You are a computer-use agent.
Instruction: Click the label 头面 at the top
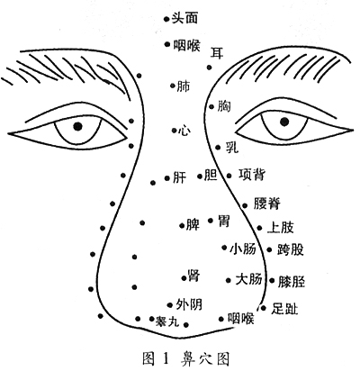point(184,18)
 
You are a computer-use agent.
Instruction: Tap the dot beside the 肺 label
point(173,86)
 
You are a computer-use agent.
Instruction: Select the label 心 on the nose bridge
point(184,131)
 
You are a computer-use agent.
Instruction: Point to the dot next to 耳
point(210,68)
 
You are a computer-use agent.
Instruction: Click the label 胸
point(224,106)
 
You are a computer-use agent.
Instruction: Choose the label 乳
point(232,147)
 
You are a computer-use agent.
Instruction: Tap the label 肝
point(180,177)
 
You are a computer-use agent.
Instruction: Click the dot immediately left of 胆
point(200,176)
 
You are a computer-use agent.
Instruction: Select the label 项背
point(252,175)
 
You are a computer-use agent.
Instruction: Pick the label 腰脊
point(267,204)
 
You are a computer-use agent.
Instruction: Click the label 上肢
point(281,227)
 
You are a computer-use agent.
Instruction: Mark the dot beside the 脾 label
point(182,225)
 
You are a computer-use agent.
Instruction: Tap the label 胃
point(223,222)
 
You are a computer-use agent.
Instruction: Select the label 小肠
point(243,249)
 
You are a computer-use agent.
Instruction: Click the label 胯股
point(291,249)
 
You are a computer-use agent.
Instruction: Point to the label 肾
point(193,275)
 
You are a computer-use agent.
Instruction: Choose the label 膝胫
point(292,282)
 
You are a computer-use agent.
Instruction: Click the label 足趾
point(284,308)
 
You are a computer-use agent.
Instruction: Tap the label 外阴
point(189,304)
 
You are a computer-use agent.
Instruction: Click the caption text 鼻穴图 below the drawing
point(205,358)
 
